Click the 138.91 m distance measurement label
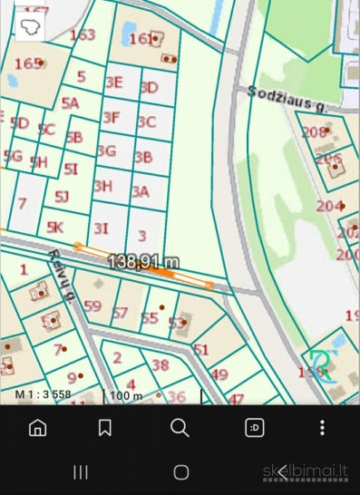[142, 261]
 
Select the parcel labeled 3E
[114, 81]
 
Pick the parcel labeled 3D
[150, 87]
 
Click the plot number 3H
[103, 186]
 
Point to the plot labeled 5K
[55, 227]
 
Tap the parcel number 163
[83, 35]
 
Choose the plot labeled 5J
[62, 195]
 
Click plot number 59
[92, 306]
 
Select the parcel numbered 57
[120, 314]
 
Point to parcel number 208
[314, 132]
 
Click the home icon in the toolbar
[38, 428]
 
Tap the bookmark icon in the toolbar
[105, 428]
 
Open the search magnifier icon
[180, 428]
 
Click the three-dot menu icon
[322, 428]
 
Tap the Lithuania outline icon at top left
[30, 25]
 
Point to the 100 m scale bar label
[127, 395]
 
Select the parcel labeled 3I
[102, 228]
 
